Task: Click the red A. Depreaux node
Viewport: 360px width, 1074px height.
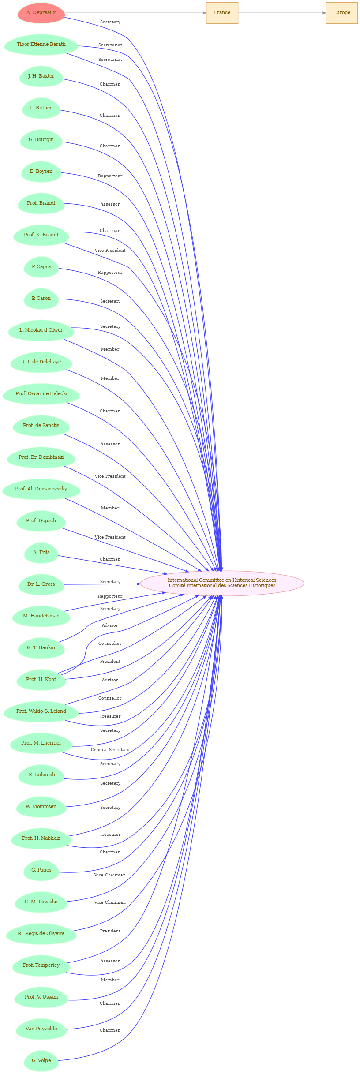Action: [x=41, y=13]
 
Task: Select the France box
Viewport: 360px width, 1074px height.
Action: [x=222, y=13]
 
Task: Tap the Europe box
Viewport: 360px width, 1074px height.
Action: [x=341, y=13]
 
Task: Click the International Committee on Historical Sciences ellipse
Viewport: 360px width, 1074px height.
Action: [x=222, y=583]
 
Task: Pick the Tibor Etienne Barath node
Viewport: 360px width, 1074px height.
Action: [x=41, y=45]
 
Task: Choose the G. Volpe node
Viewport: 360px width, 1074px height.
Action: [x=41, y=1061]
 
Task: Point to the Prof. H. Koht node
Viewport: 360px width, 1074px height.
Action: [x=41, y=680]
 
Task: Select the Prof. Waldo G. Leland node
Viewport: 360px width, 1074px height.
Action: [x=41, y=711]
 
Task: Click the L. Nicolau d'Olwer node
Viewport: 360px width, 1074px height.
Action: [x=41, y=330]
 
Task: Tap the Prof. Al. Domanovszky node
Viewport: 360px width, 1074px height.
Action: [x=41, y=489]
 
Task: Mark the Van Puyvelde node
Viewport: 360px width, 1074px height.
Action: [x=41, y=1029]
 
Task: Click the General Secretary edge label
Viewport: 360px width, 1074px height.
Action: [x=110, y=750]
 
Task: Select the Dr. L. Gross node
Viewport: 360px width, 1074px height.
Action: [x=41, y=584]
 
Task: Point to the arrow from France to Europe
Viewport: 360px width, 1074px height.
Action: [x=282, y=13]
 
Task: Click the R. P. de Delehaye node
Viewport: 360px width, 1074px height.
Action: [x=41, y=362]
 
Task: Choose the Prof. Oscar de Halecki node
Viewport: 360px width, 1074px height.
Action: [x=41, y=394]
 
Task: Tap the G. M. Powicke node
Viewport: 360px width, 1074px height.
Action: [x=41, y=902]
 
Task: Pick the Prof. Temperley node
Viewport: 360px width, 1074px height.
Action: [x=41, y=965]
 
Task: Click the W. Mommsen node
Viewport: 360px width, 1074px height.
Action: [x=41, y=807]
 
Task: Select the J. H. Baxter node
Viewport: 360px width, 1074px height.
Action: [x=41, y=76]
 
